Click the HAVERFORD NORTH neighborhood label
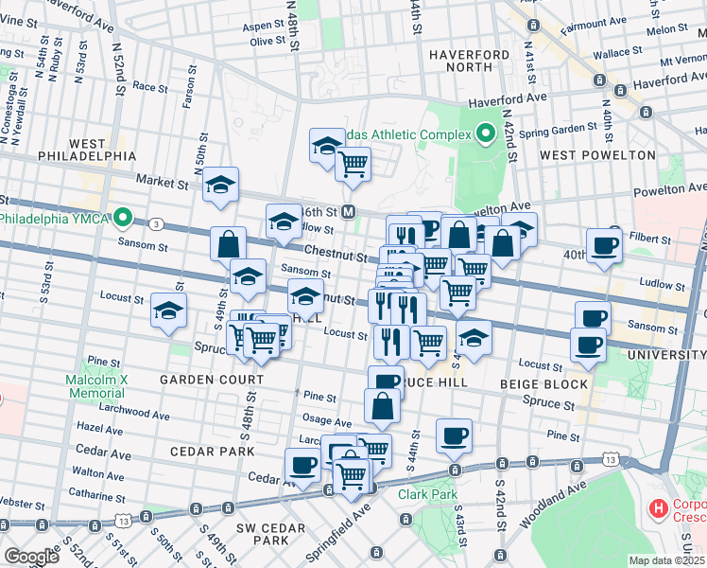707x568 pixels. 461,62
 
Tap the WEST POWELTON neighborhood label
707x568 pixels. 596,154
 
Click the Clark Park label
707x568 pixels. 427,494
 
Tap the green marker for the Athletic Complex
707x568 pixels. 487,134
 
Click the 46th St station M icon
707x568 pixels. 349,211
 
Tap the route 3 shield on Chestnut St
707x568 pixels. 155,224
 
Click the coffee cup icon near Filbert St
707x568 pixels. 604,243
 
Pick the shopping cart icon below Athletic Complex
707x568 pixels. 353,164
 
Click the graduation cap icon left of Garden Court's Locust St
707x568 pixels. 168,310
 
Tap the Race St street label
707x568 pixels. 150,85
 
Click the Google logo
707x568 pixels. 31,557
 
